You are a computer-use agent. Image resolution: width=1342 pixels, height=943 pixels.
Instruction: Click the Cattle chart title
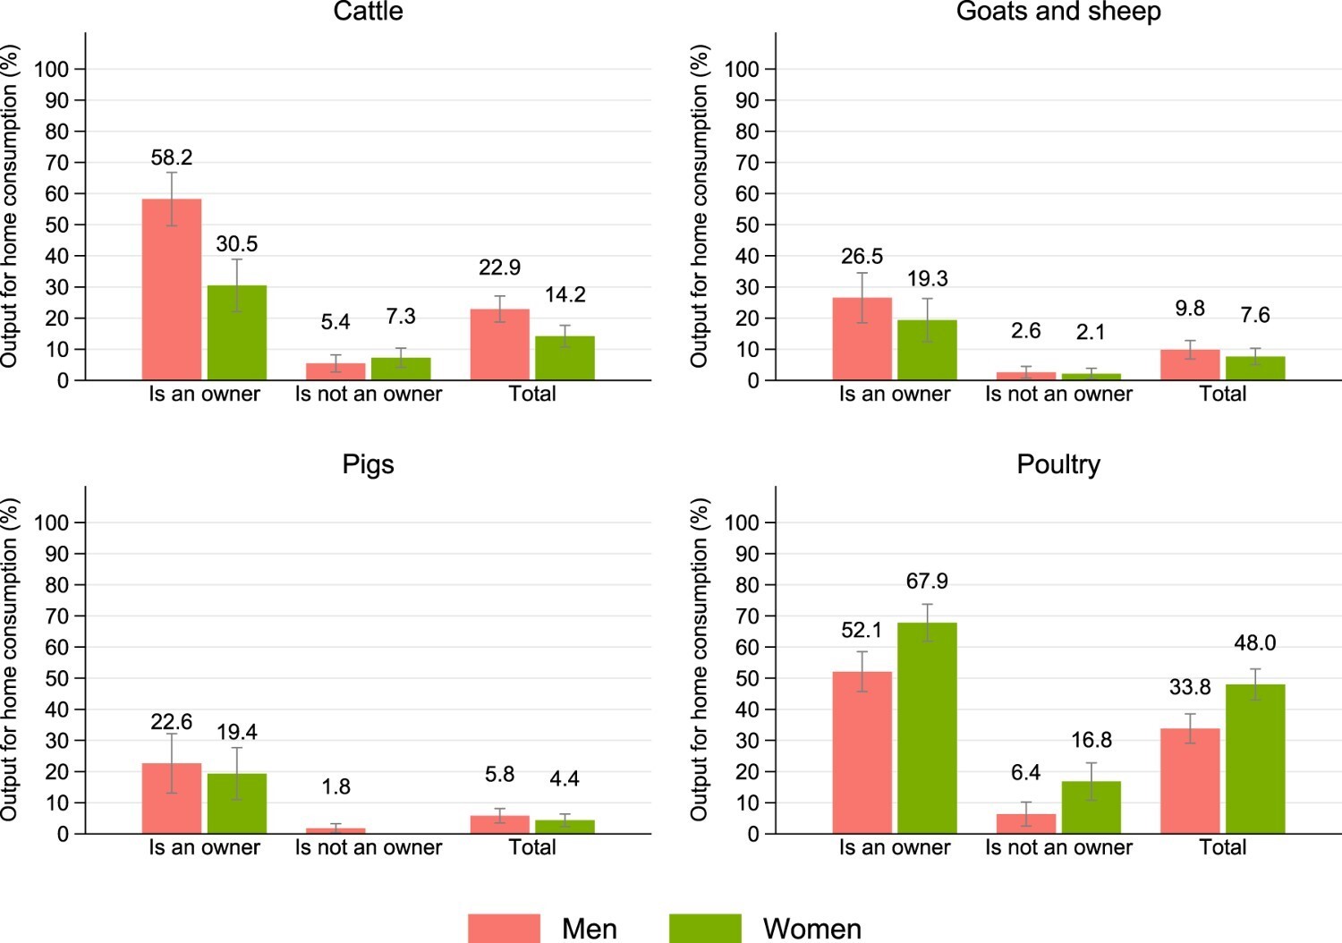(368, 12)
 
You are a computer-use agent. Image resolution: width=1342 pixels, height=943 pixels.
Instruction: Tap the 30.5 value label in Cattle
(237, 244)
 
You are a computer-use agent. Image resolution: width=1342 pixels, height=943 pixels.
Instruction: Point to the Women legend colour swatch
(705, 928)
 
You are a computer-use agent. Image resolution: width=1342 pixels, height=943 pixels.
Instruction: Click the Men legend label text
(589, 929)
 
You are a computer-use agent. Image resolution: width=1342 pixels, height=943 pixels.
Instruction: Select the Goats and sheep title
(1057, 12)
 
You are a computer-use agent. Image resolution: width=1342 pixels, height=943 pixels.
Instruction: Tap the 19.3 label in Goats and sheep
(927, 279)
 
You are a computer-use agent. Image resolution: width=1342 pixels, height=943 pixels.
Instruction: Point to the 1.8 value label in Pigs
(335, 787)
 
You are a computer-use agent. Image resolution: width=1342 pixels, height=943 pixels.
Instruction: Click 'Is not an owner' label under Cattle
(369, 395)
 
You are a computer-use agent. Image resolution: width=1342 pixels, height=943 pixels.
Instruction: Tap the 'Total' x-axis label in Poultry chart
(1222, 848)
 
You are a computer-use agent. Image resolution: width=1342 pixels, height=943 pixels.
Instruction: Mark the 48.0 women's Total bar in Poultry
(1255, 759)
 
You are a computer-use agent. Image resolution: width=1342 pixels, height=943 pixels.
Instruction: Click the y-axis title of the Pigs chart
(10, 660)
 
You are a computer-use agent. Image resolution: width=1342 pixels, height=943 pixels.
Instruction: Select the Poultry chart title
(1057, 464)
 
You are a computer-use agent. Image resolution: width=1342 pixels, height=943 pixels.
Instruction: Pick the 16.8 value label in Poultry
(1091, 741)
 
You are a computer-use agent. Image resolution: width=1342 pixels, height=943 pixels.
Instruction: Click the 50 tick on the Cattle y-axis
(57, 225)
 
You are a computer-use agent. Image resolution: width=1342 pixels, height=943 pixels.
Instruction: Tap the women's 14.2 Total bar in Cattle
(565, 358)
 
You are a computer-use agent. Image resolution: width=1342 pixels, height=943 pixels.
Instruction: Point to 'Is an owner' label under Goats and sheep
(894, 395)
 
